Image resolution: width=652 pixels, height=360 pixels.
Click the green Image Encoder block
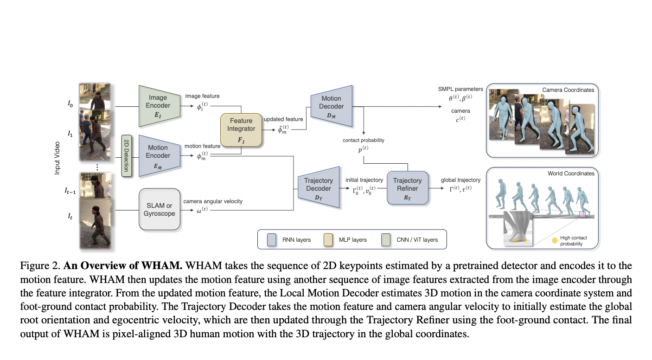coord(159,105)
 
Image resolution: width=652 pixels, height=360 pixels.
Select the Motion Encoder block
coord(159,155)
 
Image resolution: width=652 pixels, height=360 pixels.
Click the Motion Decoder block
coord(331,105)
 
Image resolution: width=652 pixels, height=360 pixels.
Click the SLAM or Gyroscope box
coord(160,209)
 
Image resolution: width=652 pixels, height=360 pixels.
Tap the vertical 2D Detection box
coord(125,156)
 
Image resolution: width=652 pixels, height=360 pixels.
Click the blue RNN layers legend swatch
coord(272,240)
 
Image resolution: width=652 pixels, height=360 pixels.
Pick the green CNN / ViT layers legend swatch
coord(386,240)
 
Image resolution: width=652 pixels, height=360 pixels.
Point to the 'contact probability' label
coord(364,140)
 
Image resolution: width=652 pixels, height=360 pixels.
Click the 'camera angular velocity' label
coord(213,201)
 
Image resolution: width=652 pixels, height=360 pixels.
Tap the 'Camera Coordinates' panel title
coord(568,90)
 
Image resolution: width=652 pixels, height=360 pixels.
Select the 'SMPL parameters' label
coord(460,89)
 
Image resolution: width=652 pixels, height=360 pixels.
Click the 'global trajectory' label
coord(460,180)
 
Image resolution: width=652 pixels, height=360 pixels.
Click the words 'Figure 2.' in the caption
coord(40,266)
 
